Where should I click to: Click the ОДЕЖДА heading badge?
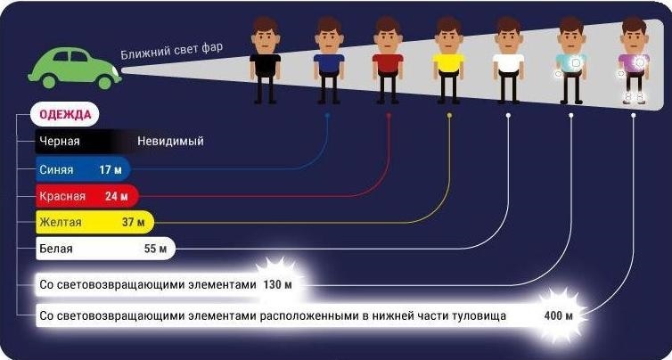pyautogui.click(x=64, y=115)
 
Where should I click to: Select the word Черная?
pyautogui.click(x=59, y=142)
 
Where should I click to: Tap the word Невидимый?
pyautogui.click(x=170, y=142)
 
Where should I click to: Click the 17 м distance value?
pyautogui.click(x=111, y=168)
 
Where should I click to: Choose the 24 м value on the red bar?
pyautogui.click(x=119, y=195)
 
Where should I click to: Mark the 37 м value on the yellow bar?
pyautogui.click(x=135, y=222)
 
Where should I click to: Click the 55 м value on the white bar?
pyautogui.click(x=155, y=249)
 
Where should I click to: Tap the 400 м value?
pyautogui.click(x=559, y=316)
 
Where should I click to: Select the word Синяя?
pyautogui.click(x=56, y=168)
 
